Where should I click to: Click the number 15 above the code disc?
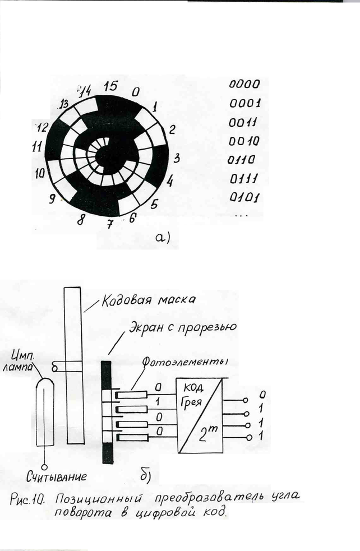[110, 87]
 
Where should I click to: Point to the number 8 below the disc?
[81, 220]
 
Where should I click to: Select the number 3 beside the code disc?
[176, 159]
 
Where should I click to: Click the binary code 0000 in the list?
[245, 85]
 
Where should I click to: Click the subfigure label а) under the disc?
[161, 238]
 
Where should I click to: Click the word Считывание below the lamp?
[57, 478]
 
